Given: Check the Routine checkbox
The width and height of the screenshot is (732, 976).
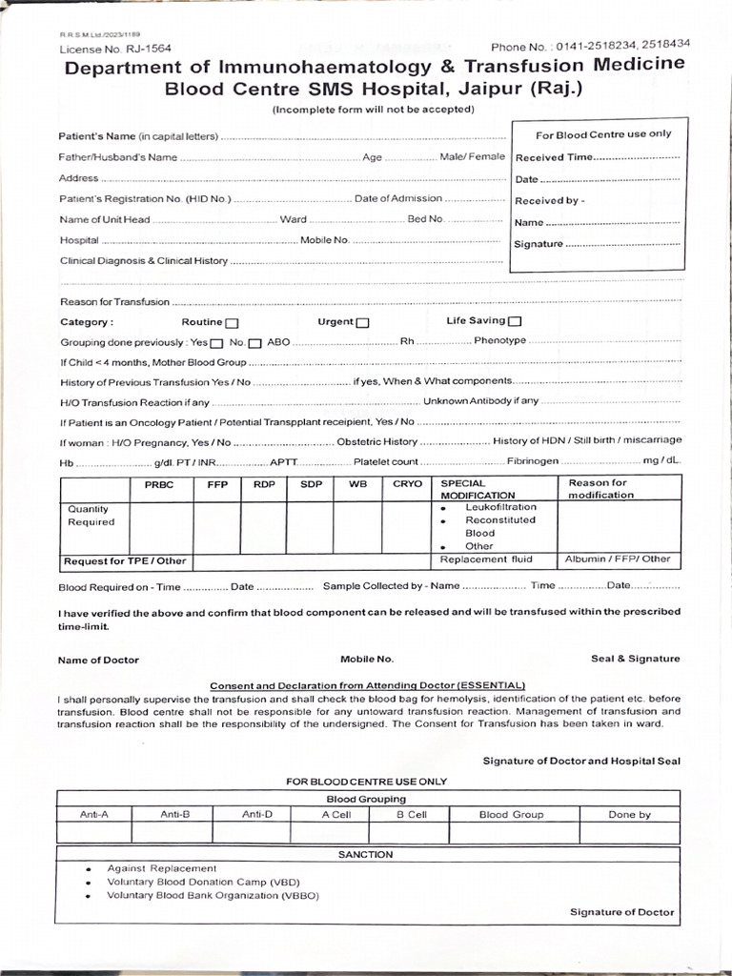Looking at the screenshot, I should [233, 322].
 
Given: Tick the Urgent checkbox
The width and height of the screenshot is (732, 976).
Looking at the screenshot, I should [363, 322].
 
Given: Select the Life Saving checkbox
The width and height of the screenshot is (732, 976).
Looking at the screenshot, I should [516, 321].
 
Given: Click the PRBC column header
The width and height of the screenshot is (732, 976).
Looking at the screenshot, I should [159, 484].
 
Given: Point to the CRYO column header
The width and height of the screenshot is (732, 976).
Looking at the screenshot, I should [407, 484].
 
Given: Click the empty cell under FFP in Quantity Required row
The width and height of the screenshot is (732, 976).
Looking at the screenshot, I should [216, 528].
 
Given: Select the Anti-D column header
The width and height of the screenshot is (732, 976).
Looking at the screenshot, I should [256, 814].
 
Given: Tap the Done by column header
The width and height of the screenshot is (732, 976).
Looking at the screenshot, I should [629, 814].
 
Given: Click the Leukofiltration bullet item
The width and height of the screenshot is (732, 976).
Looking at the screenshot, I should [500, 508].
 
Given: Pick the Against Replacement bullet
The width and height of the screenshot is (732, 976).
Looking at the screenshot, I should [161, 868].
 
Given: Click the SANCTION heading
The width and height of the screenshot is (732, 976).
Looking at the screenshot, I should [365, 855].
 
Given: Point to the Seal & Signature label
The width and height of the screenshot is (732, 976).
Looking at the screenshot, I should [636, 659].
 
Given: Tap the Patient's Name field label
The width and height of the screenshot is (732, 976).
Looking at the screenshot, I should [139, 136].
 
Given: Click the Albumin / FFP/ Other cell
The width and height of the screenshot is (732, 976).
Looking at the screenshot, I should [618, 559].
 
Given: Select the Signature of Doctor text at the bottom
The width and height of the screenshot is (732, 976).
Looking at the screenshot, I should [621, 912].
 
